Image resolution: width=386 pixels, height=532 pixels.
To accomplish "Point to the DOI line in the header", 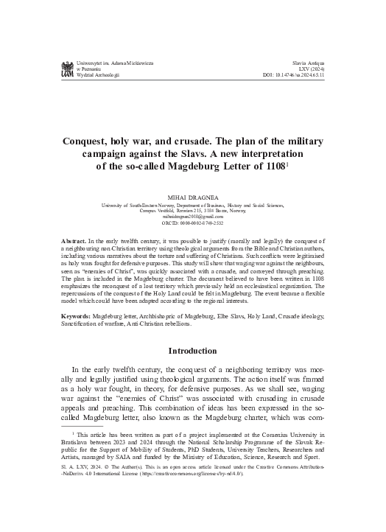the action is click(304, 75).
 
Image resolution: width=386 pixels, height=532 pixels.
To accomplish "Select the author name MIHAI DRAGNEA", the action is click(192, 198).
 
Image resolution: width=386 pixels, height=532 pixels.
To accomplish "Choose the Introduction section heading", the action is click(193, 371).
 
